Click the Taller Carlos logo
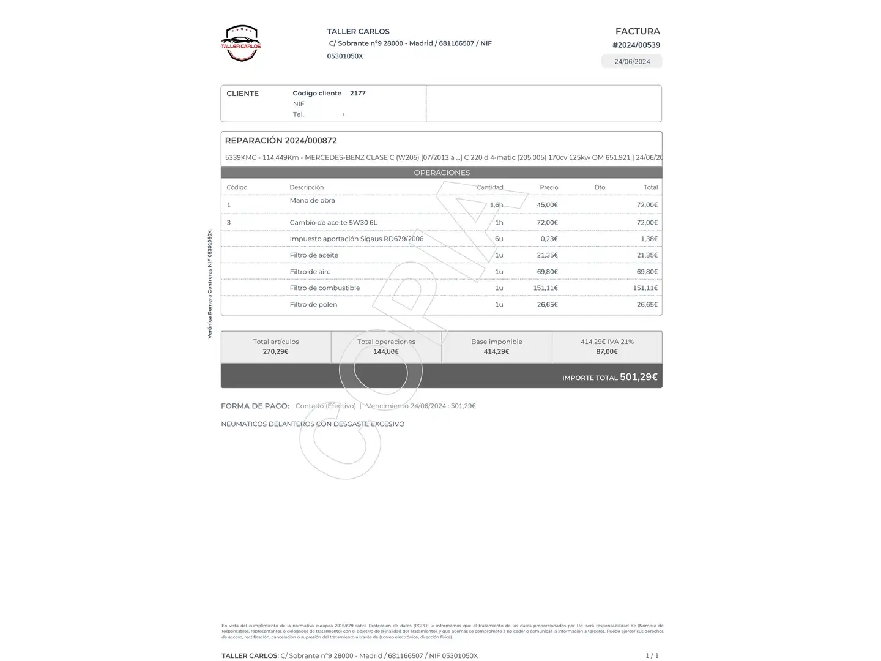241,43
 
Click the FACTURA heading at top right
638,31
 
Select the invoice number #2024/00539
636,45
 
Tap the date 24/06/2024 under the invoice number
632,61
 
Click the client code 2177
357,93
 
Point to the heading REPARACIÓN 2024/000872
281,140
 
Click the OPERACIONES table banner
442,173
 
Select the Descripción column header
307,187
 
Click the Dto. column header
600,187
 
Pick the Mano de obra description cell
312,200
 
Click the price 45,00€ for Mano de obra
547,205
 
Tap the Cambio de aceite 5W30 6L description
333,222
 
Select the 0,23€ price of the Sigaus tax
549,239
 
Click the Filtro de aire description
310,272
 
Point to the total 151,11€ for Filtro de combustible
645,288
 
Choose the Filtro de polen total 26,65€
647,304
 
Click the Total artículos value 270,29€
275,351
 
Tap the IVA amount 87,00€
607,351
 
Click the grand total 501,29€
638,377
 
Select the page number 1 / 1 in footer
652,655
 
